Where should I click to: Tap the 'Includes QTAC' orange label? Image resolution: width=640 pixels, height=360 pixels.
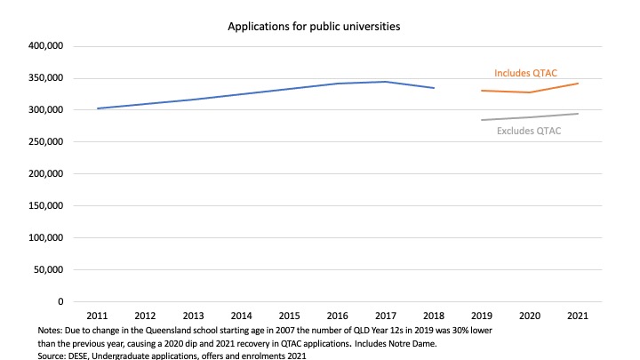pyautogui.click(x=525, y=73)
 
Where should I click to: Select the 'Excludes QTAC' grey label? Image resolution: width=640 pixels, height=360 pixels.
pyautogui.click(x=528, y=132)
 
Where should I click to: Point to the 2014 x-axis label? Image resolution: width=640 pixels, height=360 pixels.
pyautogui.click(x=241, y=316)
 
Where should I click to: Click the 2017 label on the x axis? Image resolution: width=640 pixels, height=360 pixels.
pyautogui.click(x=385, y=316)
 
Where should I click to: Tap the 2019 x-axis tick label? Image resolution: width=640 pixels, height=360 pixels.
pyautogui.click(x=481, y=316)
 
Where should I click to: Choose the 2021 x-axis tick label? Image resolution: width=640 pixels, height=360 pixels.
pyautogui.click(x=577, y=316)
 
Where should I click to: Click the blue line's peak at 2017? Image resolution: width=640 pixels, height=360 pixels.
pyautogui.click(x=385, y=82)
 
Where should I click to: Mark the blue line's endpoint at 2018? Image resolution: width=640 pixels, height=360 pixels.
pyautogui.click(x=433, y=88)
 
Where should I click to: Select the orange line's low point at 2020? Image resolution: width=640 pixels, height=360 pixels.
pyautogui.click(x=529, y=92)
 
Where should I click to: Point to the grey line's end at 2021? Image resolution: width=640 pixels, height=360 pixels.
pyautogui.click(x=577, y=114)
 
